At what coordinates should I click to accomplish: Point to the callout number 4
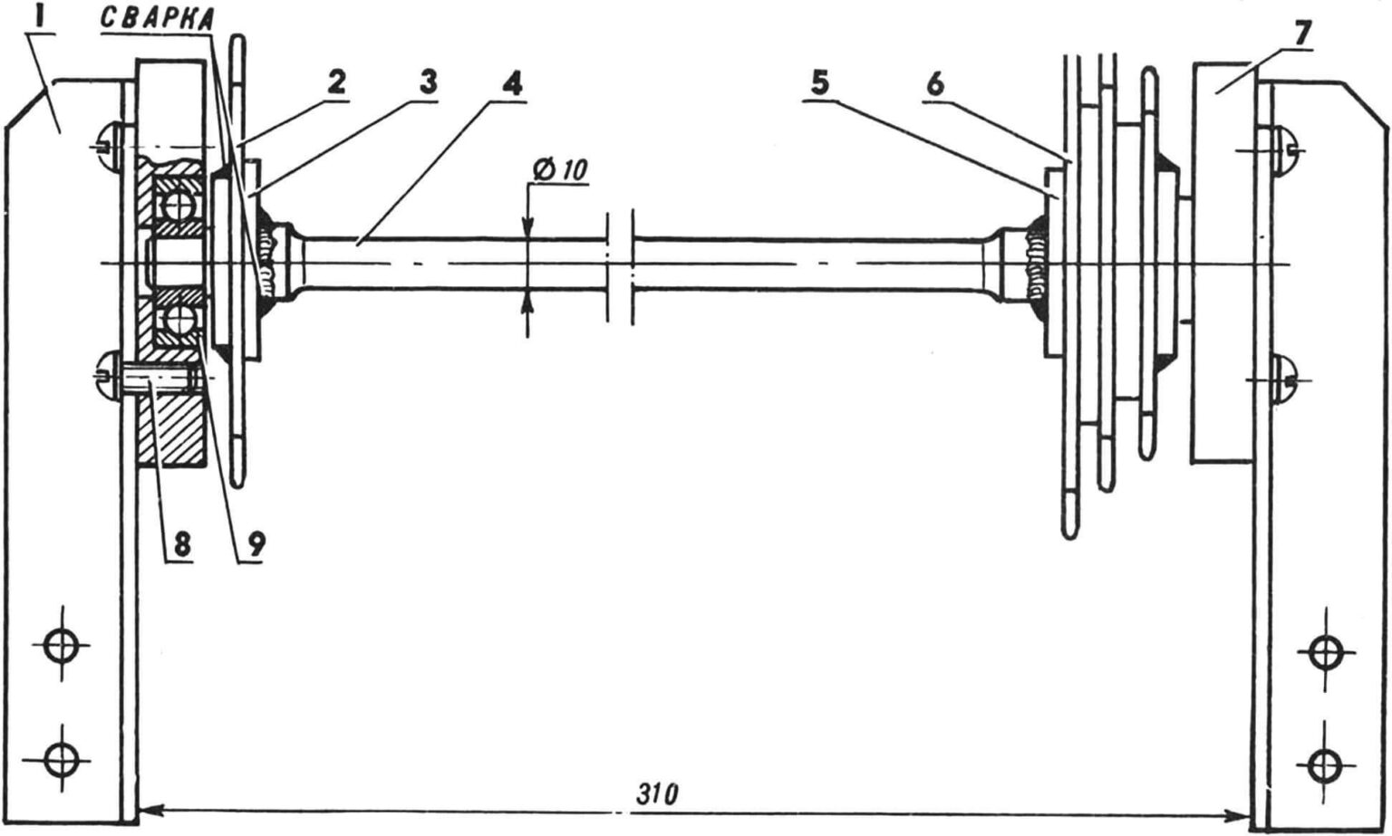pos(512,84)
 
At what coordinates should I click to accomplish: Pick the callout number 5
pos(818,83)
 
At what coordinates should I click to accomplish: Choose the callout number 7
pos(1301,34)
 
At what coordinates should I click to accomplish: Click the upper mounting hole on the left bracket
pos(62,647)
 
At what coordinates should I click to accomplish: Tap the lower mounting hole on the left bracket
pos(62,754)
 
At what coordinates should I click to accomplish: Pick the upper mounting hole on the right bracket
pos(1327,650)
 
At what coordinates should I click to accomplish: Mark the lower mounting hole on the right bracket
pos(1327,766)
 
